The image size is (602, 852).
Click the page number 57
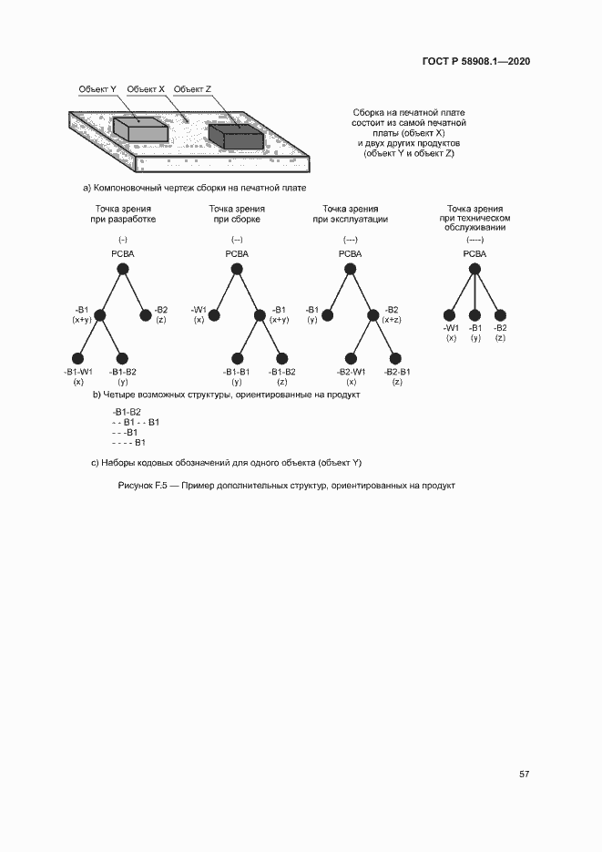[525, 774]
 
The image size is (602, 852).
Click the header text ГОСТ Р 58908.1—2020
[476, 62]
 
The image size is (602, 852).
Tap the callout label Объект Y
[97, 89]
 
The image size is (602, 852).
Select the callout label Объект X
[146, 89]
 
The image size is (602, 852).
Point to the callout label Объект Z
[192, 89]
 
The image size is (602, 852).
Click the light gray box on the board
[140, 129]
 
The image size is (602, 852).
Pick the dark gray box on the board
[236, 135]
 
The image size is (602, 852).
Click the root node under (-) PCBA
[123, 269]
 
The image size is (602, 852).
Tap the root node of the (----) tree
[474, 269]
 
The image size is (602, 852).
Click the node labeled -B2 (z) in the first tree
[146, 315]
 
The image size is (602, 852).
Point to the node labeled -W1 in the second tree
[215, 315]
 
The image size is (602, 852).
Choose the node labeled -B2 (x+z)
[373, 315]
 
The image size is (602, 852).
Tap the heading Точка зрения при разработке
[123, 214]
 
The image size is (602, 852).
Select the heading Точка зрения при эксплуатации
[351, 214]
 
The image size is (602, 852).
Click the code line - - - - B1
[128, 443]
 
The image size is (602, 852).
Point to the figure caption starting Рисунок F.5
[286, 485]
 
